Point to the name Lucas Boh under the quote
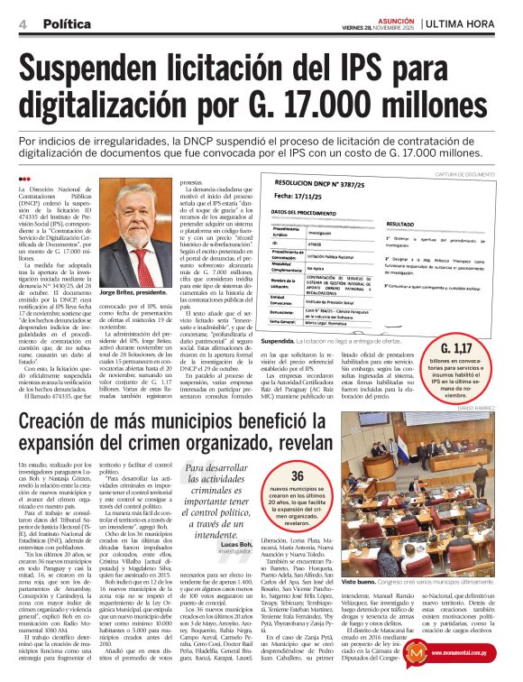pos(231,545)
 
